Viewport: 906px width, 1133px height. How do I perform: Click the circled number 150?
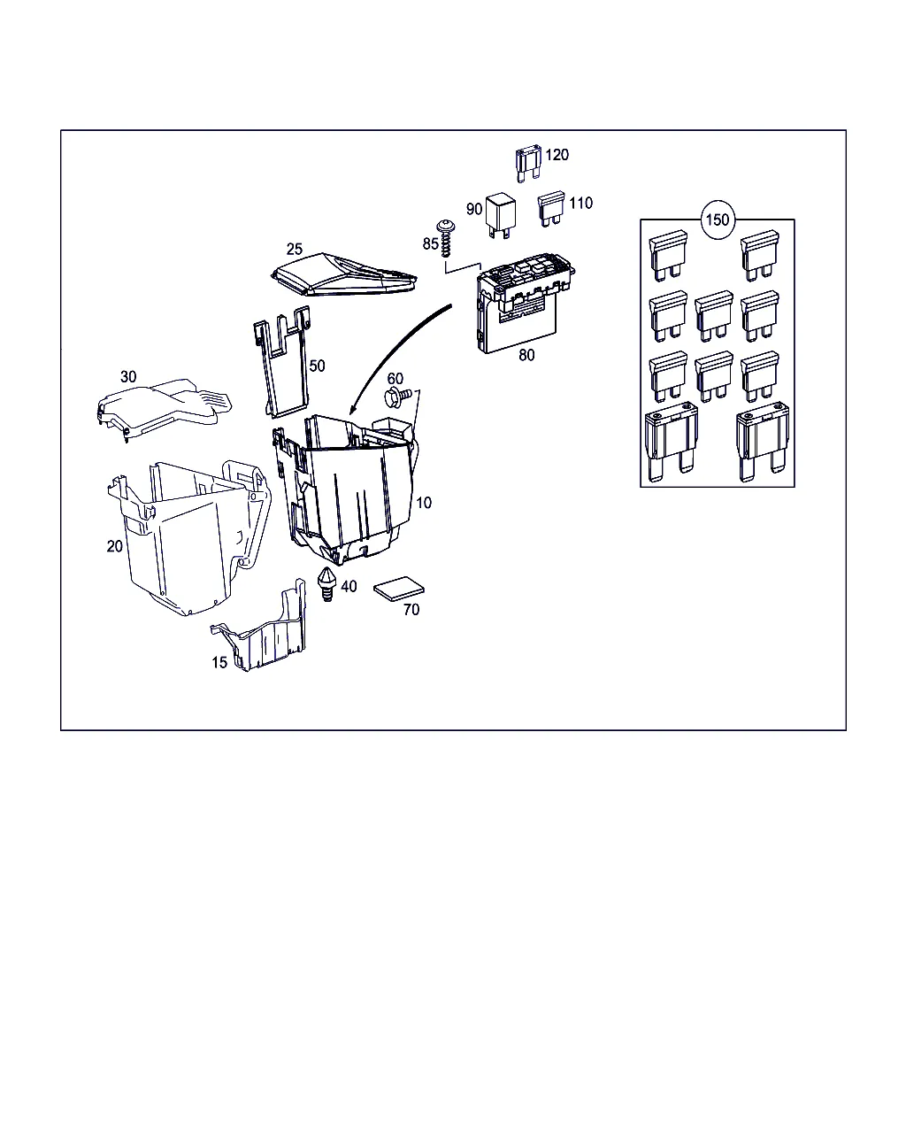click(717, 220)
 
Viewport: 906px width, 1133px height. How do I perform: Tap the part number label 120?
click(557, 155)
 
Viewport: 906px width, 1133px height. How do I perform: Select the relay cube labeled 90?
click(501, 215)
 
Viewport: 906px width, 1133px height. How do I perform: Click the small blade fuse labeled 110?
click(550, 209)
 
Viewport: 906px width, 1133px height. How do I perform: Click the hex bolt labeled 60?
click(398, 397)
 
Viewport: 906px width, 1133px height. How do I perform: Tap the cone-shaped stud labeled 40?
click(326, 584)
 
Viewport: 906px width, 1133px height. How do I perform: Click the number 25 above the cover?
click(295, 249)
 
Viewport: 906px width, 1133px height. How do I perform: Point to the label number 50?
click(317, 366)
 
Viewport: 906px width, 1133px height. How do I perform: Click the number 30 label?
click(128, 376)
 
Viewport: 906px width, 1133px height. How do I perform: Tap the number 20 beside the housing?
click(115, 546)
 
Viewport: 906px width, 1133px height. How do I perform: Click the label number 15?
click(219, 662)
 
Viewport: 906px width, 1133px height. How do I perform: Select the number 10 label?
click(424, 503)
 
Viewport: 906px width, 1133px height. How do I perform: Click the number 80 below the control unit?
click(526, 355)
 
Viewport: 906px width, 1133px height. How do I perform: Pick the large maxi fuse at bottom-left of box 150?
click(672, 441)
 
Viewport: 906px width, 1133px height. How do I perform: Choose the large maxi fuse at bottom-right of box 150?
click(763, 441)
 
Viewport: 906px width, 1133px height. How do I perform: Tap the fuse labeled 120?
click(528, 164)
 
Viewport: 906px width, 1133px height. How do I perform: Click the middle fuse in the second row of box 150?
click(713, 316)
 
